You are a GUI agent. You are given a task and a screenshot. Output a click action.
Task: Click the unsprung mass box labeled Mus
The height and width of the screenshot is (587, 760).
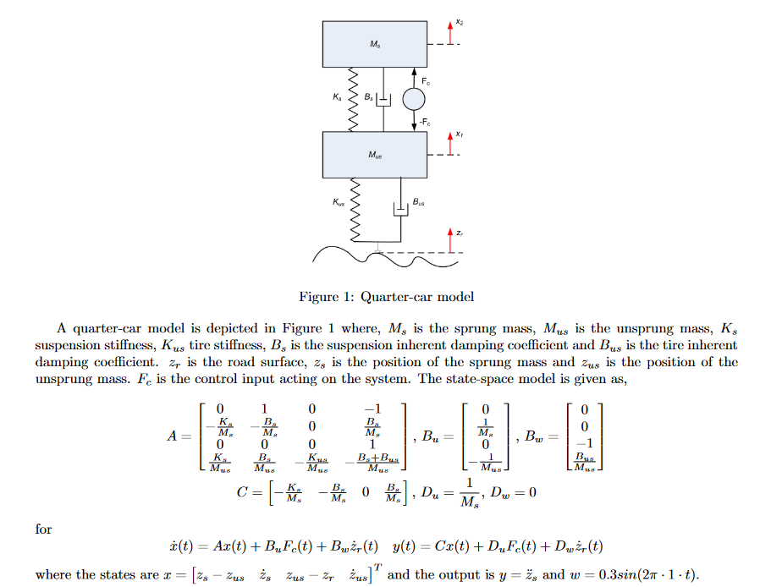pyautogui.click(x=375, y=156)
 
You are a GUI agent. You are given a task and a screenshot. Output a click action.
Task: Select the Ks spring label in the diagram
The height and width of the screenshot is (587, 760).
pyautogui.click(x=338, y=97)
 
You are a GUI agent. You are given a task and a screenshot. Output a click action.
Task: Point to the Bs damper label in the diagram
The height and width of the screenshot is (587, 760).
pyautogui.click(x=367, y=97)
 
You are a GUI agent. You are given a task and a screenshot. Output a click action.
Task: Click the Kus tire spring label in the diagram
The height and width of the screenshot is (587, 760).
pyautogui.click(x=338, y=202)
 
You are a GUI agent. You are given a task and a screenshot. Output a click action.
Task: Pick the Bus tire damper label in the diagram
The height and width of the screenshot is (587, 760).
pyautogui.click(x=419, y=202)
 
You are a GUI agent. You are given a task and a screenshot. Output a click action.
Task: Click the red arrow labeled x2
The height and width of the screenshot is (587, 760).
pyautogui.click(x=451, y=33)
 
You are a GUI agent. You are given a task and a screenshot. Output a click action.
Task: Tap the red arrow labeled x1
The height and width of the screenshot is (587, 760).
pyautogui.click(x=451, y=145)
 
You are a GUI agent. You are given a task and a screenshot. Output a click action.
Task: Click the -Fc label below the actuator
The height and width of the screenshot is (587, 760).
pyautogui.click(x=424, y=123)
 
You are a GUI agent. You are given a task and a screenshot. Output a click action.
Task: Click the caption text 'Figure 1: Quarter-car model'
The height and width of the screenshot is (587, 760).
pyautogui.click(x=386, y=297)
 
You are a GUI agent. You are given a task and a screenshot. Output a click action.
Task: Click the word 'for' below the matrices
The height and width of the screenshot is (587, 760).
pyautogui.click(x=43, y=529)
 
